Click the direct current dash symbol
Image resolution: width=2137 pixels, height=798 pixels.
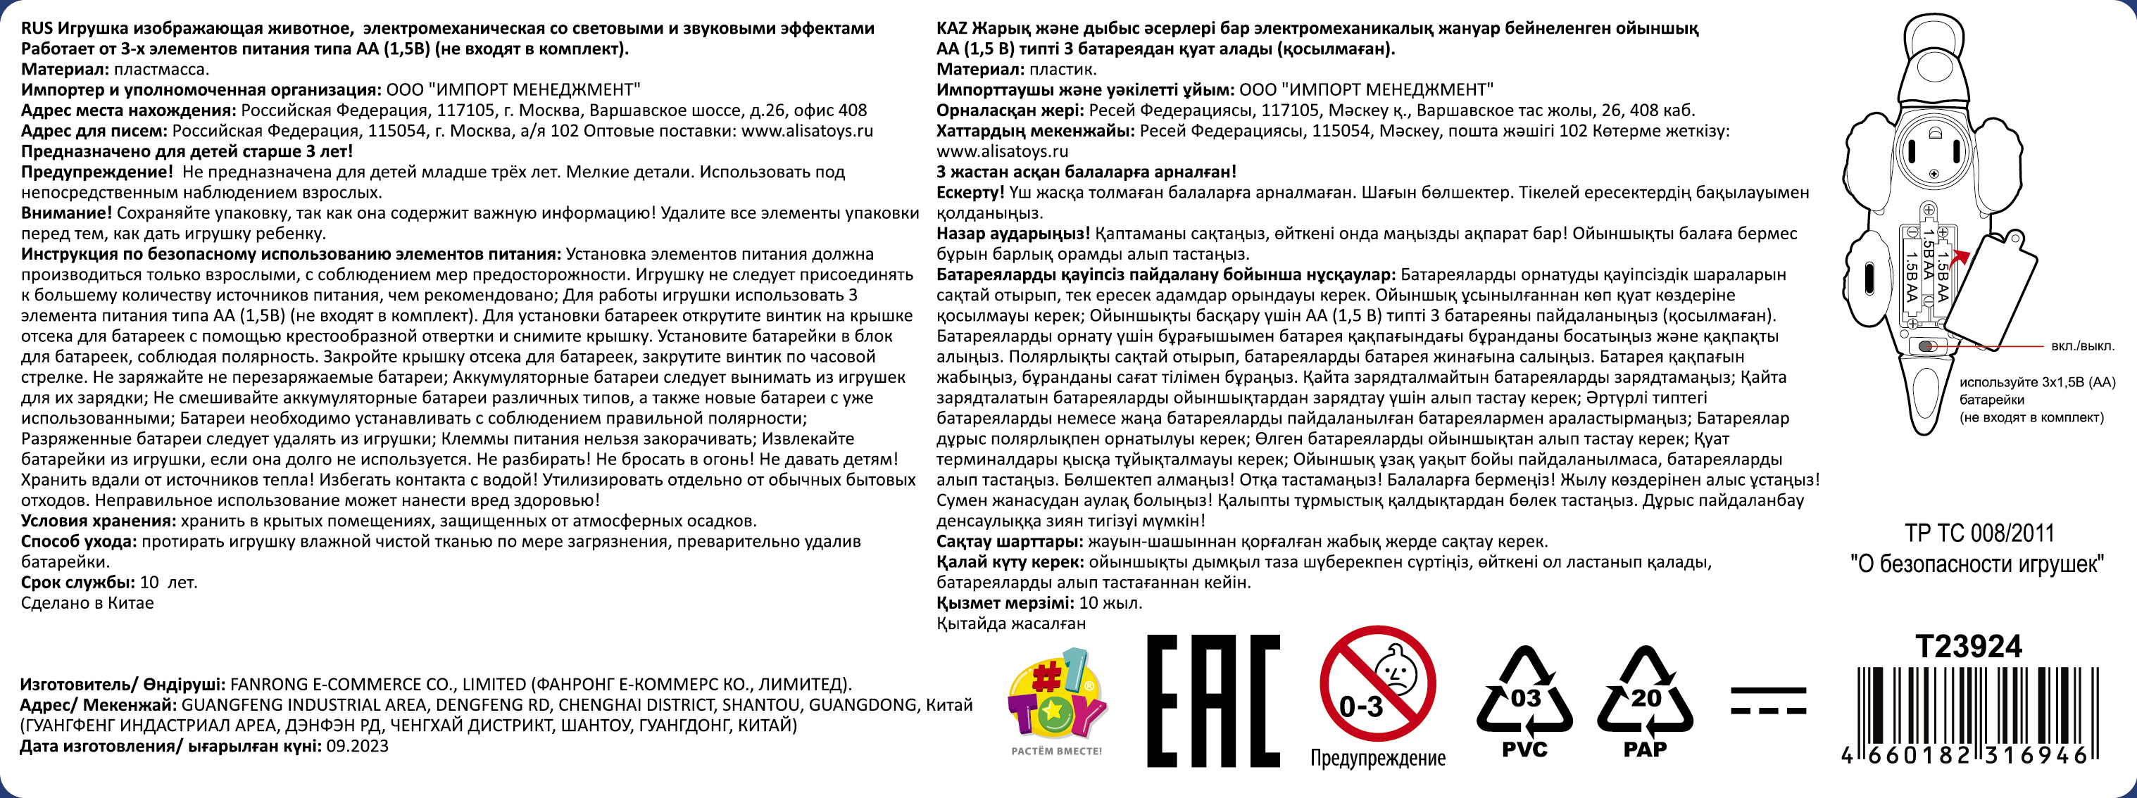pyautogui.click(x=1768, y=700)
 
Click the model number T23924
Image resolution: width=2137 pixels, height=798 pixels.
pyautogui.click(x=1968, y=646)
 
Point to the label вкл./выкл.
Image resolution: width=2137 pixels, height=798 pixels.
pyautogui.click(x=2082, y=346)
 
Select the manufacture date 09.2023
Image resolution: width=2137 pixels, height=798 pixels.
pyautogui.click(x=357, y=746)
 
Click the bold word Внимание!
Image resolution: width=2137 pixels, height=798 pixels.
pyautogui.click(x=66, y=213)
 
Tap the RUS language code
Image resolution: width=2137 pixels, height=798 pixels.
pyautogui.click(x=37, y=28)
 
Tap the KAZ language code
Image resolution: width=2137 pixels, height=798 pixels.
pyautogui.click(x=951, y=28)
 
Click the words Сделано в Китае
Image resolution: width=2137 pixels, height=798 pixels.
pyautogui.click(x=87, y=603)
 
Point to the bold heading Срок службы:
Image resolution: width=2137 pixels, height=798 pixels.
pyautogui.click(x=78, y=583)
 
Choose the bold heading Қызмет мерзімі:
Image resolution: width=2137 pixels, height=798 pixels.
pyautogui.click(x=1005, y=603)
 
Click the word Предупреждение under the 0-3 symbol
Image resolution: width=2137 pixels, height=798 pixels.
pyautogui.click(x=1377, y=757)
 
